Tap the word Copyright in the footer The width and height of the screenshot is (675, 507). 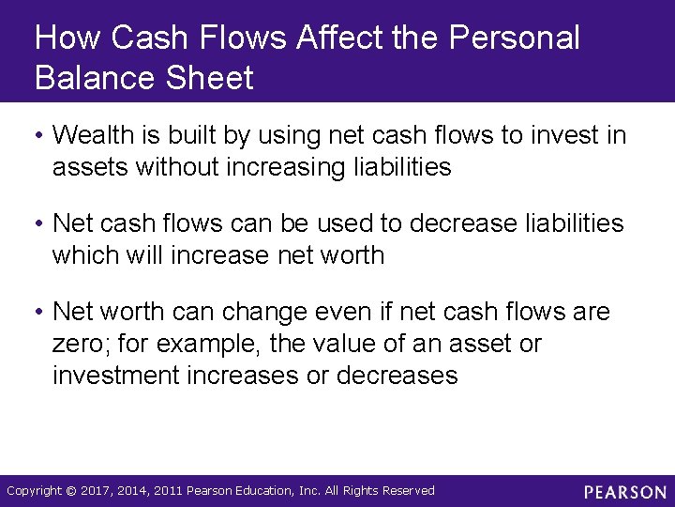coord(33,491)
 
